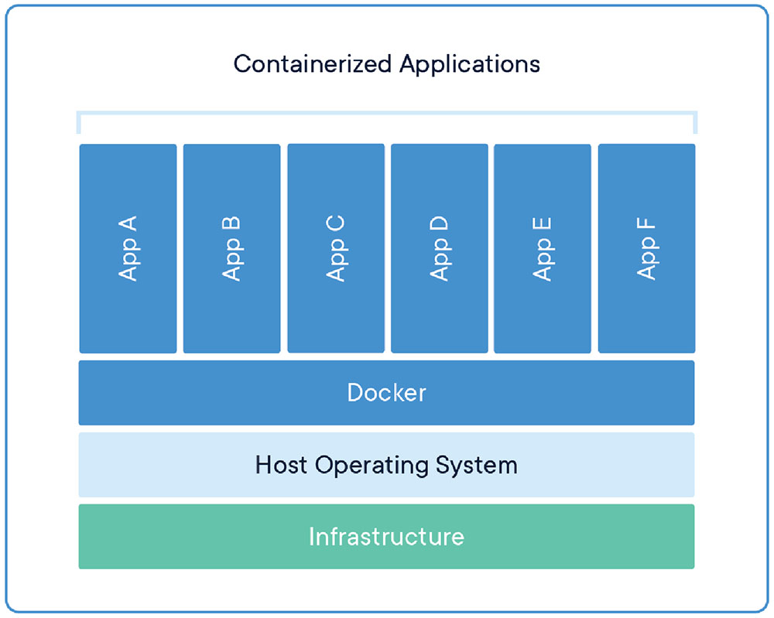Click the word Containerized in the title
(313, 64)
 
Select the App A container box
(128, 248)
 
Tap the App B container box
(232, 248)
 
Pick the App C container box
(336, 248)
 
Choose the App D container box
(440, 248)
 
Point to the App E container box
(543, 248)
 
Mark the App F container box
(646, 248)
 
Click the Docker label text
(386, 393)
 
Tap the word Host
(281, 465)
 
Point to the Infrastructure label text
(386, 537)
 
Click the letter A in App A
(128, 224)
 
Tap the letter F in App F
(646, 224)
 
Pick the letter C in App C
(336, 224)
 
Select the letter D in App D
(440, 224)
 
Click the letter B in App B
(231, 224)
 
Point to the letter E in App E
(543, 224)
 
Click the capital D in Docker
(355, 393)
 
